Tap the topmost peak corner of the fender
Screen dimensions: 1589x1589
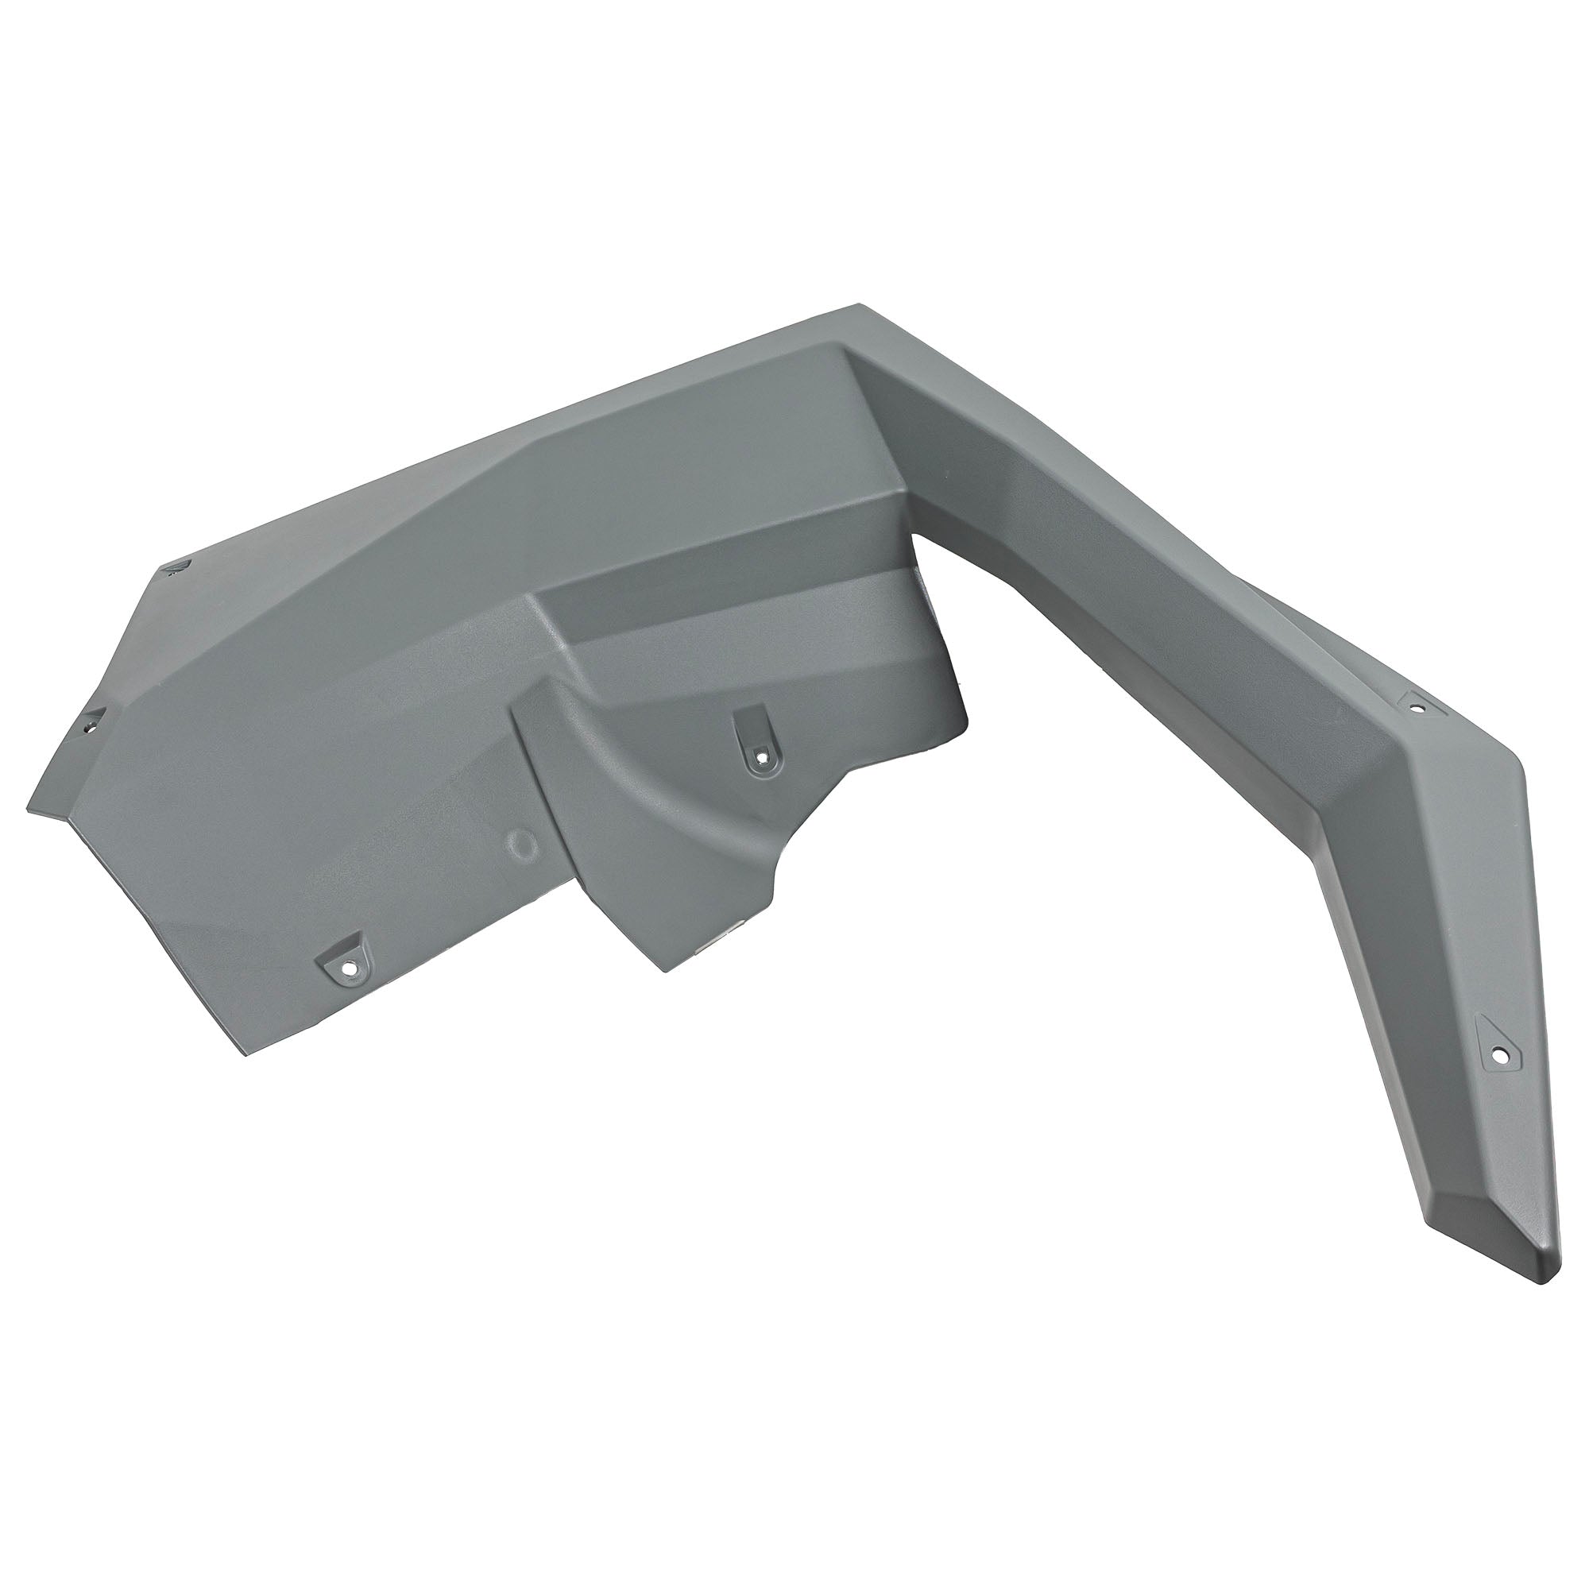[860, 306]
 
